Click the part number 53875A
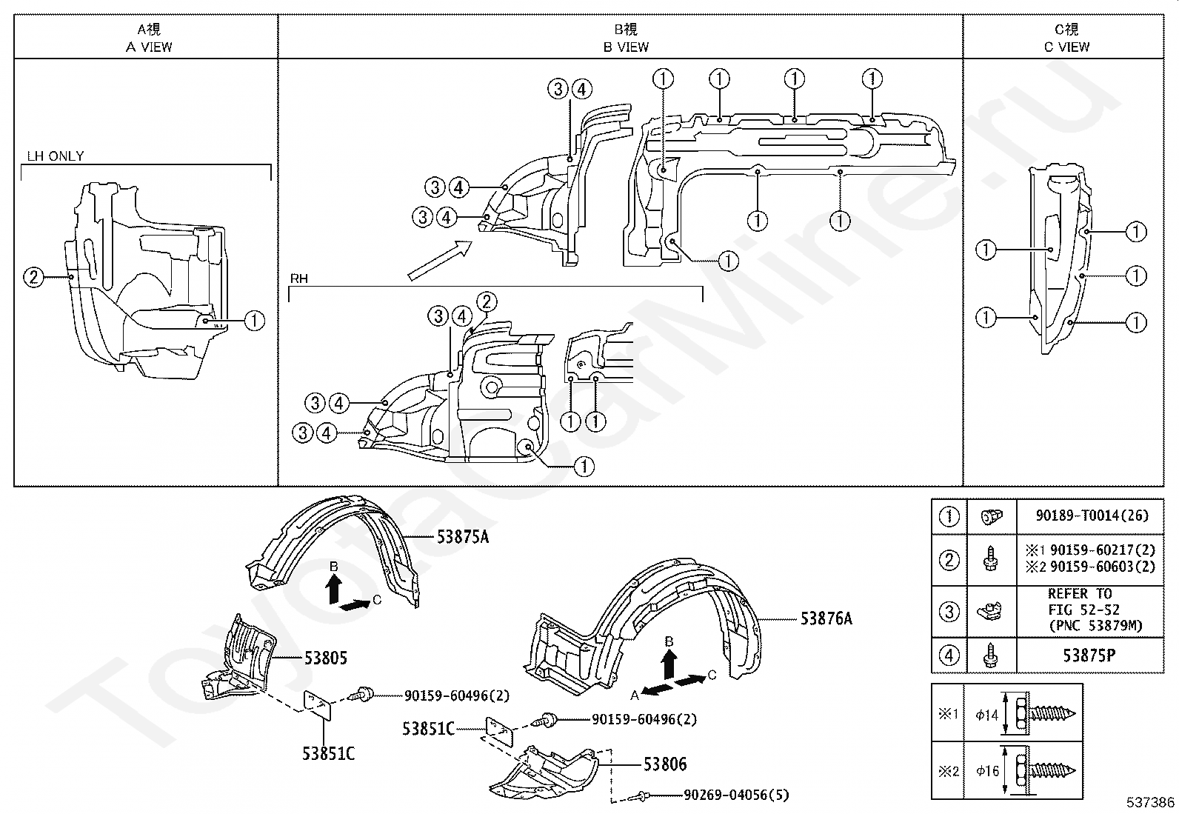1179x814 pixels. [x=463, y=537]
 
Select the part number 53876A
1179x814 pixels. [x=826, y=618]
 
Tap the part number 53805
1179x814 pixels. [x=326, y=658]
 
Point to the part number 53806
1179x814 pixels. [x=665, y=764]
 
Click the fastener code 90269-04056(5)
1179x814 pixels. [x=736, y=795]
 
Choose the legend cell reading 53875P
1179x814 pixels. [x=1089, y=655]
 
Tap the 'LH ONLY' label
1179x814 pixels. [x=56, y=156]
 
